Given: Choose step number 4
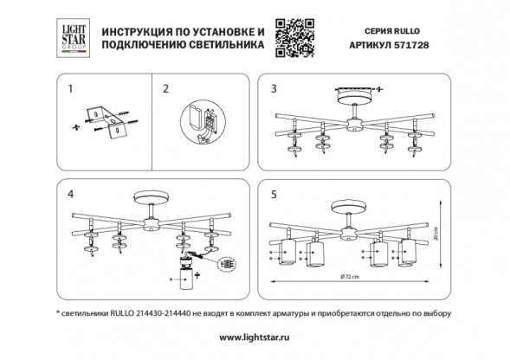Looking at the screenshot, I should point(70,193).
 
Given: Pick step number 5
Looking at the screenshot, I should point(274,193).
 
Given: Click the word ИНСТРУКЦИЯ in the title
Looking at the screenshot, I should point(138,27).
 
